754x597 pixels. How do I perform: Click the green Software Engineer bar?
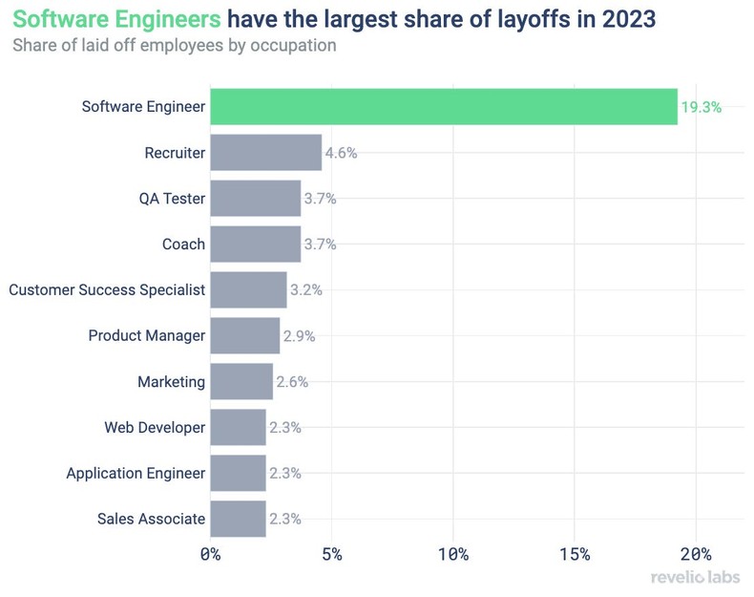(444, 107)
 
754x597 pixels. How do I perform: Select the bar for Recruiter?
(265, 153)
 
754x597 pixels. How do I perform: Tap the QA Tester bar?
(255, 199)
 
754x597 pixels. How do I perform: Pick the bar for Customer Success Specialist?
(248, 290)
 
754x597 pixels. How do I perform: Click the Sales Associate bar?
(238, 519)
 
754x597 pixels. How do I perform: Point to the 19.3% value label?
(702, 107)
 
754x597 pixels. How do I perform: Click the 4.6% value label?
(341, 153)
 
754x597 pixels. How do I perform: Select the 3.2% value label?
(305, 290)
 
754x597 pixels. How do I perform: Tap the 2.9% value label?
(299, 336)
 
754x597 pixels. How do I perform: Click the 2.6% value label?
(292, 382)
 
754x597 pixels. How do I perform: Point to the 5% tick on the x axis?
(331, 554)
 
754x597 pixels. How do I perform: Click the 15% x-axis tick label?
(575, 554)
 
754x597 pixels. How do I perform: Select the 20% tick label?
(696, 554)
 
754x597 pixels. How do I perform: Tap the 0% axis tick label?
(210, 554)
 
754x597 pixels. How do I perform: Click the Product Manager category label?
(146, 336)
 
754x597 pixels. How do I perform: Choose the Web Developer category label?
(155, 428)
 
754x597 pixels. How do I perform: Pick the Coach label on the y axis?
(183, 245)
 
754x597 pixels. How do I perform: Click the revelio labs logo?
(695, 578)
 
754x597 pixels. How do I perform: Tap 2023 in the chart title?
(628, 19)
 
